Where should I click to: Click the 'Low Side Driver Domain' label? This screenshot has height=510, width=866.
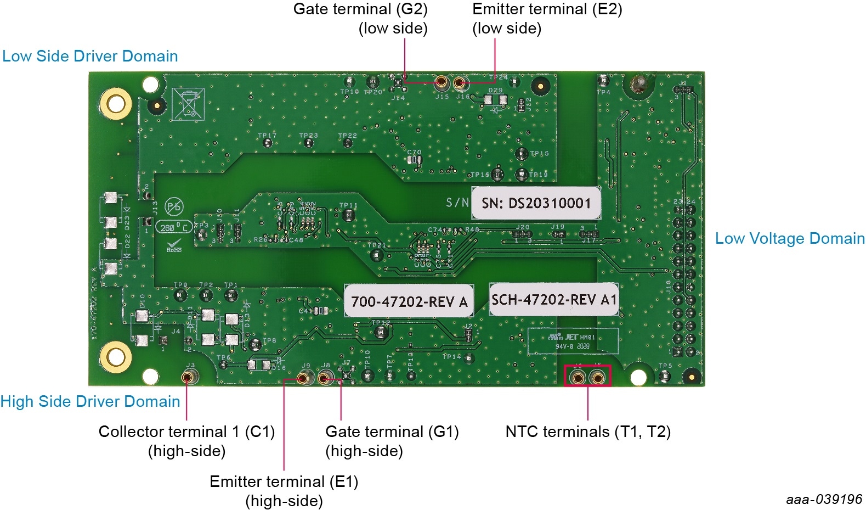tap(90, 56)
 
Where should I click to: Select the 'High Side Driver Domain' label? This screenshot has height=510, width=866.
tap(90, 401)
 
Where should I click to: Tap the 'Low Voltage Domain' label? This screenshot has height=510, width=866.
tap(790, 238)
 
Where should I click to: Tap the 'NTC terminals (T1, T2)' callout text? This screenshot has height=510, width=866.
tap(588, 431)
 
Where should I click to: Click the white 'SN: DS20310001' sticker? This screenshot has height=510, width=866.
tap(536, 203)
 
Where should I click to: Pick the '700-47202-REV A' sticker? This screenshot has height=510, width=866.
tap(409, 301)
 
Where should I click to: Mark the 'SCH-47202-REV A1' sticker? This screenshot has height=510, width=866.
tap(554, 300)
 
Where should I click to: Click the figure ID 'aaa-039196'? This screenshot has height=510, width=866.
tap(824, 499)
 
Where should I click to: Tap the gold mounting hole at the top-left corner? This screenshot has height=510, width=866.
tap(116, 104)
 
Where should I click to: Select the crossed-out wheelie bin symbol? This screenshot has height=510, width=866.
tap(188, 103)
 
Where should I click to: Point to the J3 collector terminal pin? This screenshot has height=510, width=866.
tap(189, 377)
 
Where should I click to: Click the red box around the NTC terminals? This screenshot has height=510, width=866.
tap(587, 376)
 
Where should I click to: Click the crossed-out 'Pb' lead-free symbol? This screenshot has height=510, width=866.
tap(174, 208)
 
